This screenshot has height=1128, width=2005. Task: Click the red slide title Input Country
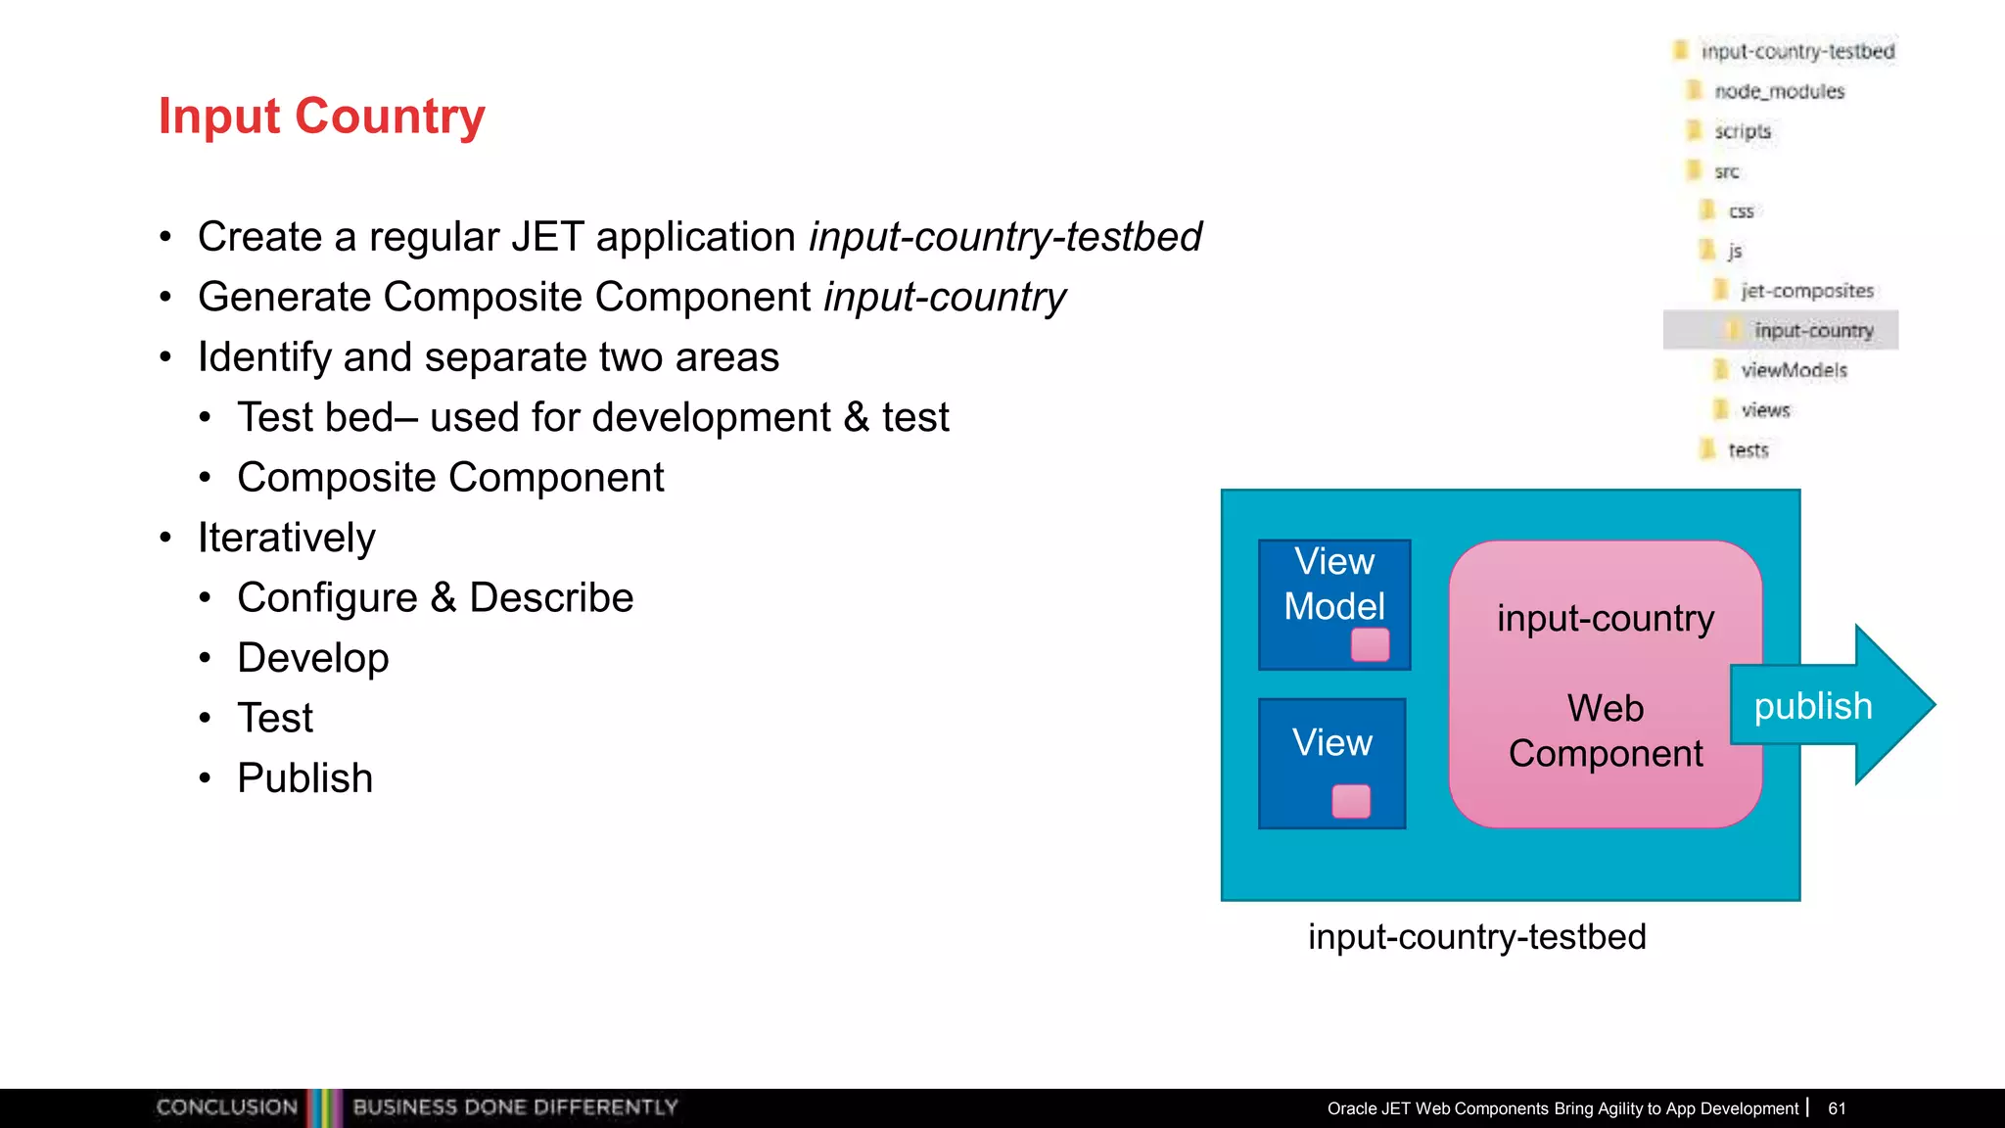pyautogui.click(x=321, y=117)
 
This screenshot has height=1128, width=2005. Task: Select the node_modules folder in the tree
pyautogui.click(x=1778, y=91)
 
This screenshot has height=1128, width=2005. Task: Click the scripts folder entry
pyautogui.click(x=1742, y=131)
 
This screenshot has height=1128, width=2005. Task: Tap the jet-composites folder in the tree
pyautogui.click(x=1806, y=291)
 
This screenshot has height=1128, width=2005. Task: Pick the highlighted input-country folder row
pyautogui.click(x=1812, y=331)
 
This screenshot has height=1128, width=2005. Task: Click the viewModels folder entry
pyautogui.click(x=1793, y=370)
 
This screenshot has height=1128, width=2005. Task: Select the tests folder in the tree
pyautogui.click(x=1748, y=450)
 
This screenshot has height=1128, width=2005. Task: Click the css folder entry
pyautogui.click(x=1741, y=211)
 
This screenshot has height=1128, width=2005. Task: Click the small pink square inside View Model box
pyautogui.click(x=1370, y=645)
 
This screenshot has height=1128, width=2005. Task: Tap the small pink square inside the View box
pyautogui.click(x=1351, y=801)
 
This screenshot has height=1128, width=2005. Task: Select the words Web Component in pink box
pyautogui.click(x=1606, y=730)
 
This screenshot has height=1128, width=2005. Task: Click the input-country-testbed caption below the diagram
pyautogui.click(x=1476, y=937)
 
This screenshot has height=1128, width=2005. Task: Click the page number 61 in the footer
pyautogui.click(x=1837, y=1108)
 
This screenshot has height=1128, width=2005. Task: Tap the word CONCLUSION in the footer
pyautogui.click(x=226, y=1107)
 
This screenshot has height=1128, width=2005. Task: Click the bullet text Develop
pyautogui.click(x=312, y=658)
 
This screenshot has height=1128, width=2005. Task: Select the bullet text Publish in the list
pyautogui.click(x=304, y=778)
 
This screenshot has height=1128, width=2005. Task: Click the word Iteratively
pyautogui.click(x=286, y=538)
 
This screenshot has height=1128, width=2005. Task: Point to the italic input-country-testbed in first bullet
pyautogui.click(x=1004, y=237)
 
